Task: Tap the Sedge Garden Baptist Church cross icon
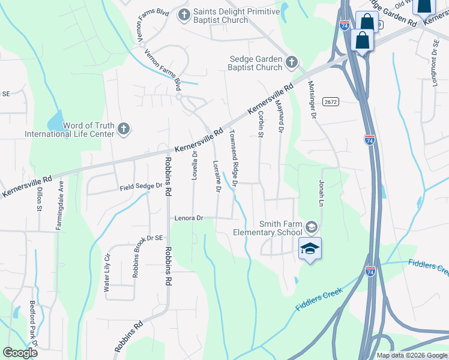(291, 61)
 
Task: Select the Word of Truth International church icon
(123, 128)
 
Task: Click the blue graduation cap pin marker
(310, 248)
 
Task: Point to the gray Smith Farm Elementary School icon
(311, 227)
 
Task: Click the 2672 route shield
(330, 102)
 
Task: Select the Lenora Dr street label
(190, 218)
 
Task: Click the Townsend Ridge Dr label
(234, 158)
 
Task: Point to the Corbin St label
(261, 125)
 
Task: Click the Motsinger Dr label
(312, 100)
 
